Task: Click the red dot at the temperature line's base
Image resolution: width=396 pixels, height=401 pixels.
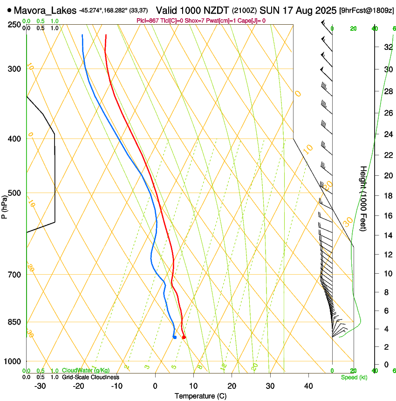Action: click(x=184, y=337)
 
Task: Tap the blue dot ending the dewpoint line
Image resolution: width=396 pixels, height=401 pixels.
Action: click(x=175, y=337)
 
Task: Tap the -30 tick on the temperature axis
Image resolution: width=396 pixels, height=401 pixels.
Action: click(x=40, y=386)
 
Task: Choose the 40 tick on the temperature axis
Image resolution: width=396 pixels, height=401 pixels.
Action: click(x=308, y=386)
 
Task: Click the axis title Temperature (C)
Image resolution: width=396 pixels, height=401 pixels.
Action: click(x=200, y=396)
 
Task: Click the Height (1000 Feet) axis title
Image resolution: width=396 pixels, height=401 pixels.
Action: click(x=364, y=198)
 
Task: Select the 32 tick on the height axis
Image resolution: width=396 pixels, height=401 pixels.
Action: click(x=387, y=47)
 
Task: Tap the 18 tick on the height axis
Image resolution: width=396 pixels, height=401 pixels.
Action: click(x=387, y=195)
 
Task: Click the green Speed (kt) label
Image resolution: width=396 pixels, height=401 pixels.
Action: click(x=354, y=377)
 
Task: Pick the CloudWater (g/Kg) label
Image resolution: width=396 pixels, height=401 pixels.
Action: click(x=86, y=370)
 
